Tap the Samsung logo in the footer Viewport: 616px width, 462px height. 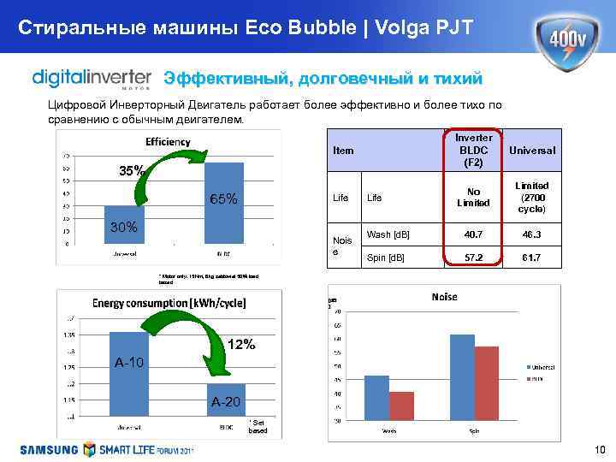tap(49, 449)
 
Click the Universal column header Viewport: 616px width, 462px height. tap(531, 150)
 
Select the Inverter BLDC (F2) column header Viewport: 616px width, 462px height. tap(467, 150)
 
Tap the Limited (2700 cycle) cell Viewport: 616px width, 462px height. tap(531, 198)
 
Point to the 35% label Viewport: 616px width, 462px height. tap(131, 170)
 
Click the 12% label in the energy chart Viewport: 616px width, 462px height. tap(242, 344)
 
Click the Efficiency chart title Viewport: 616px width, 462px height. tap(167, 141)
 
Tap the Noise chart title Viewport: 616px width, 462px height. tap(444, 296)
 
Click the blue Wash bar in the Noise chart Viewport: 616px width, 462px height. tap(376, 397)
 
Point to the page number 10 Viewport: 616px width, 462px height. tap(599, 450)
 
